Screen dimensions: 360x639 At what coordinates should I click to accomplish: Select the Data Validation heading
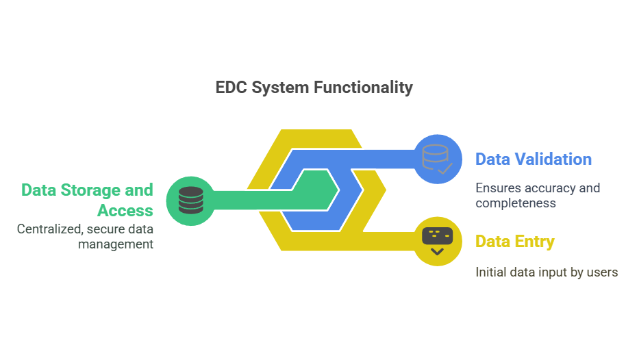tap(533, 159)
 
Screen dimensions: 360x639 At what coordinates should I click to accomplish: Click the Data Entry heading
tap(514, 242)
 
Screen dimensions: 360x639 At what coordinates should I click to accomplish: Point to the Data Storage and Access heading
tap(87, 199)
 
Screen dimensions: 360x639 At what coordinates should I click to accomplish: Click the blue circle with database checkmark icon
tap(437, 159)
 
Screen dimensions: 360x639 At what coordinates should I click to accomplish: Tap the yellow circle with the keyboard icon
tap(437, 241)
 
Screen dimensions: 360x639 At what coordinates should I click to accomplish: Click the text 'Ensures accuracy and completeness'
tap(537, 195)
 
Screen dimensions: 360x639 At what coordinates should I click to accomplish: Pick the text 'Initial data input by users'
tap(547, 272)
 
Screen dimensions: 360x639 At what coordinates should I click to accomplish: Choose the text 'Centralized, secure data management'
tap(85, 236)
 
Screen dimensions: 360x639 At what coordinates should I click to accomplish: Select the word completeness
tap(515, 203)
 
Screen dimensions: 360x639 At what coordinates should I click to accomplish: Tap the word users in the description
tap(603, 272)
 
